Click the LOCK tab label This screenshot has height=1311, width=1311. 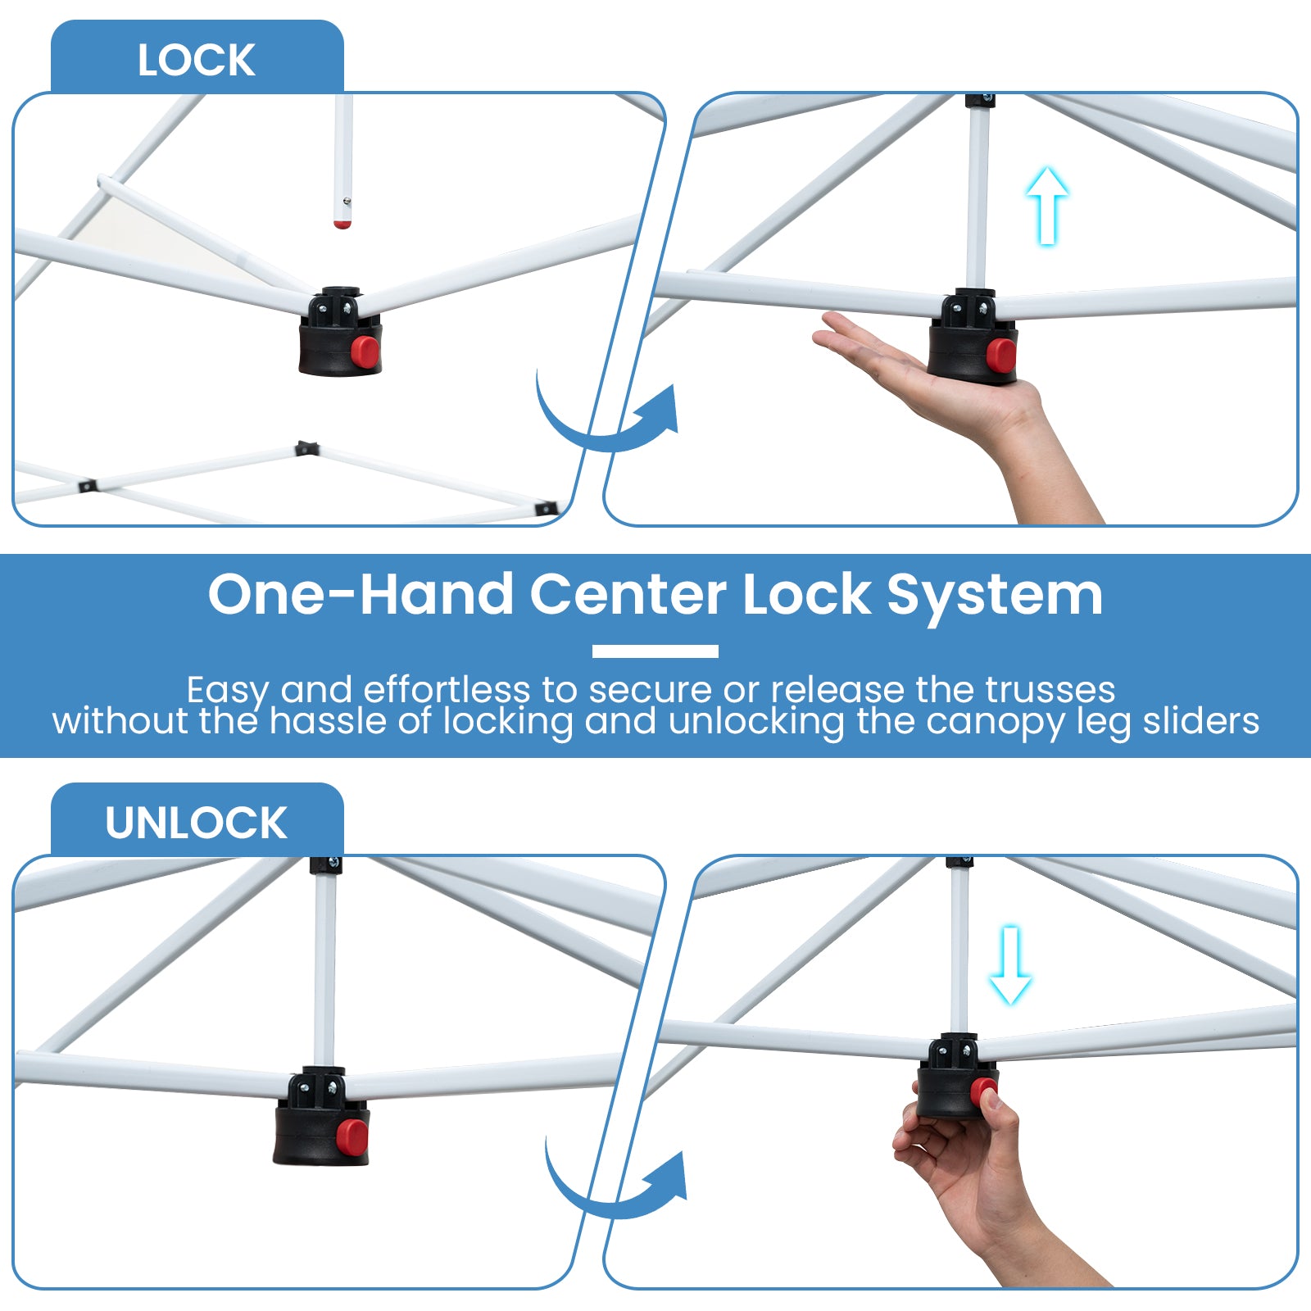point(196,60)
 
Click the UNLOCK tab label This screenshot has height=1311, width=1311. point(196,823)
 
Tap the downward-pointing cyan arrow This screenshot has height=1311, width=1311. point(1010,965)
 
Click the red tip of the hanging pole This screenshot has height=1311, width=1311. point(342,222)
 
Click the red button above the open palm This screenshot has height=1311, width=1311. point(1001,354)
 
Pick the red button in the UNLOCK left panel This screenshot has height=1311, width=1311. point(352,1136)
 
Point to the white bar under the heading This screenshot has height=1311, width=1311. point(655,651)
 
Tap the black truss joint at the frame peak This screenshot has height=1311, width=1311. point(306,448)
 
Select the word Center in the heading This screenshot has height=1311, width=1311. point(628,594)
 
